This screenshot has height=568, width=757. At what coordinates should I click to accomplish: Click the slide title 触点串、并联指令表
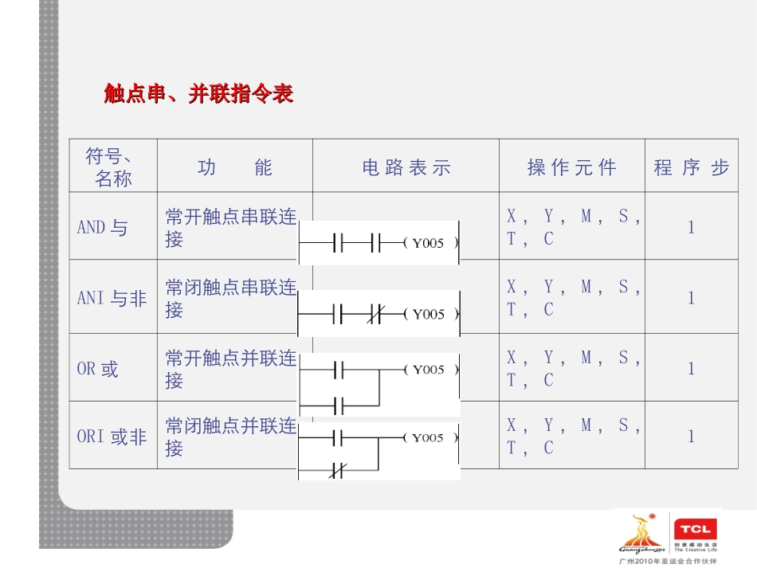coord(199,94)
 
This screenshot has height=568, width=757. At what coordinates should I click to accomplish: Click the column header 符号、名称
coord(112,167)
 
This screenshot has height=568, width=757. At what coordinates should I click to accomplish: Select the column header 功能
coord(234,167)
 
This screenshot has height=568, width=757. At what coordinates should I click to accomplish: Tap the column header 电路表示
coord(406,167)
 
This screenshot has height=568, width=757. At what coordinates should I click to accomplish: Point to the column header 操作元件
coord(571,167)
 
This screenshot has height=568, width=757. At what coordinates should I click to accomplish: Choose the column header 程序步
coord(691,167)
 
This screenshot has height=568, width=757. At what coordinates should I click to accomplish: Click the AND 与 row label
coord(102,227)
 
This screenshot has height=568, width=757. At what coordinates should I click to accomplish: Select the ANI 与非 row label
coord(112,298)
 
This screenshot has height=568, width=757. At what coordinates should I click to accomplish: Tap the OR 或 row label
coord(97,369)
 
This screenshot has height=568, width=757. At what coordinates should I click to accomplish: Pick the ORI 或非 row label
coord(112,437)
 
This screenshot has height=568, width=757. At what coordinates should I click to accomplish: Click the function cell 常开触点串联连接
coord(231,228)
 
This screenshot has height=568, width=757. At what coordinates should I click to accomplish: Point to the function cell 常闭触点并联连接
coord(231,437)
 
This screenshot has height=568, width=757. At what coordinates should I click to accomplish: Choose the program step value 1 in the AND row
coord(691,227)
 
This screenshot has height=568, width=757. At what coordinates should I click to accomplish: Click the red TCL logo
coord(696,528)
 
